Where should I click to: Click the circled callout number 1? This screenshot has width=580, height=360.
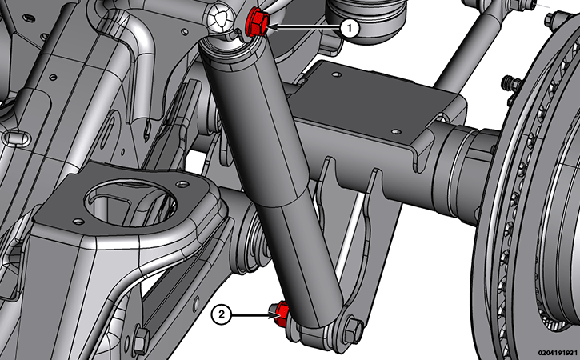tap(349, 28)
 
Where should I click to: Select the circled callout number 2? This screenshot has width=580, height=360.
tap(221, 314)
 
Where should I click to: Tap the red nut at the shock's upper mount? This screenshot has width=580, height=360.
tap(256, 23)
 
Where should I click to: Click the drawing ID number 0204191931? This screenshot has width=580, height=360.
tap(558, 353)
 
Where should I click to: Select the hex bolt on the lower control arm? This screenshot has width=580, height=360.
tap(141, 340)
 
